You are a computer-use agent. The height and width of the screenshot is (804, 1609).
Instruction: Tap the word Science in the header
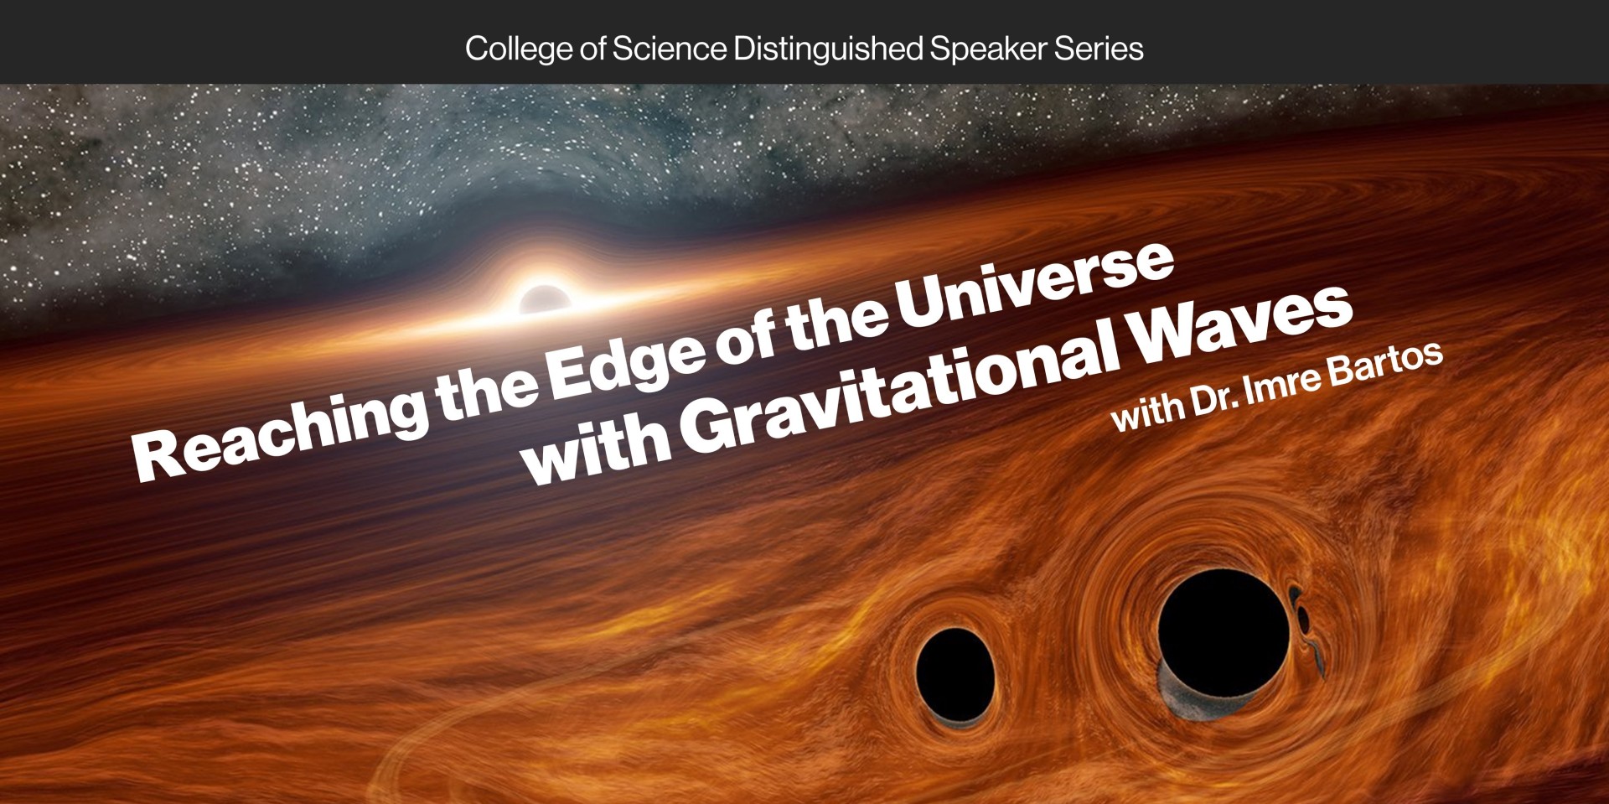pyautogui.click(x=669, y=49)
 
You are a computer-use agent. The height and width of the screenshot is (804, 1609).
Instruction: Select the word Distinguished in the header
pyautogui.click(x=828, y=49)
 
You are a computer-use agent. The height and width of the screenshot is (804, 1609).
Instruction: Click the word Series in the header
pyautogui.click(x=1099, y=49)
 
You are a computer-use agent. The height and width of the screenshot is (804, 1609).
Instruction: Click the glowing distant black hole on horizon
pyautogui.click(x=545, y=299)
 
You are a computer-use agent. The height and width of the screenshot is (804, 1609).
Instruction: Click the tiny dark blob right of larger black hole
pyautogui.click(x=1303, y=618)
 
